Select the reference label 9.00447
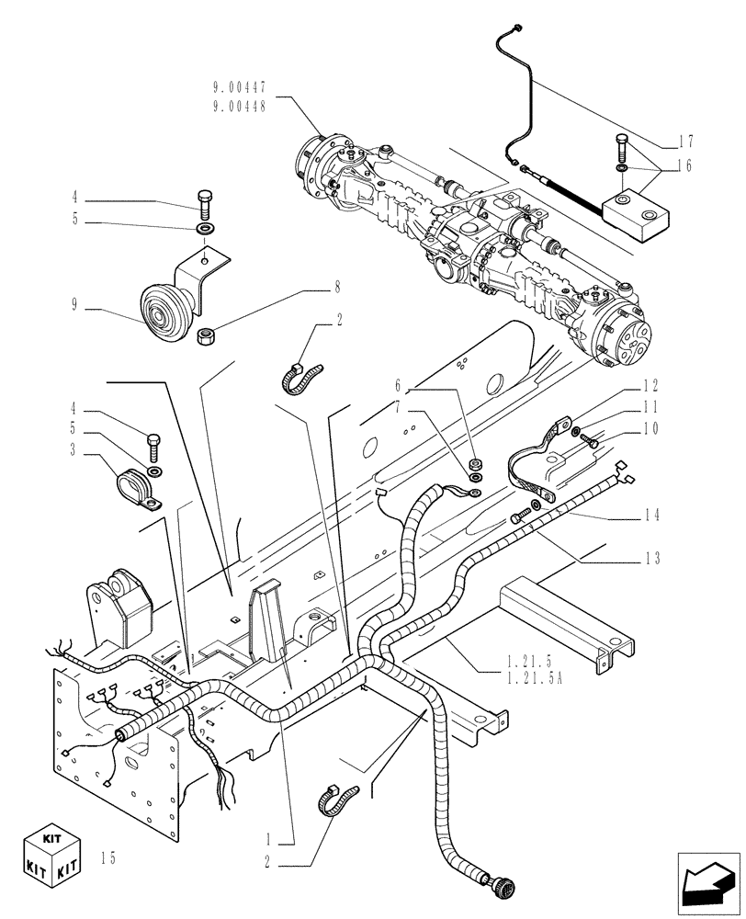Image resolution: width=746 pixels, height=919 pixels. click(239, 88)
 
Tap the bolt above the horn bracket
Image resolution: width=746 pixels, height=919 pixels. click(204, 199)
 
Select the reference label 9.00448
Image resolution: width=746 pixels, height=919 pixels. click(239, 105)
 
